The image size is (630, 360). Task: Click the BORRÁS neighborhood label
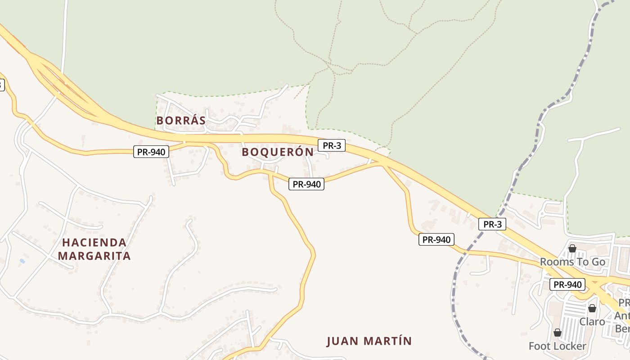pyautogui.click(x=181, y=121)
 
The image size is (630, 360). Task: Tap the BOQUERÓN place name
pyautogui.click(x=278, y=152)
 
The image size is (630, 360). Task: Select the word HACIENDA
pyautogui.click(x=94, y=243)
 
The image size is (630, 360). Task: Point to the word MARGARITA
pyautogui.click(x=94, y=256)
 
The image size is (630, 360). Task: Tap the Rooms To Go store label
pyautogui.click(x=572, y=262)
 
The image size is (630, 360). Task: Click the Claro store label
pyautogui.click(x=592, y=322)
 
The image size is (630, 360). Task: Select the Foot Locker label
pyautogui.click(x=557, y=346)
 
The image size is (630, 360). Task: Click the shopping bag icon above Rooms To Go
pyautogui.click(x=572, y=248)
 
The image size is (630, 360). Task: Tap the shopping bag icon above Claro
pyautogui.click(x=592, y=308)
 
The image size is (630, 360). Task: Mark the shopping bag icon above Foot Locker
pyautogui.click(x=558, y=333)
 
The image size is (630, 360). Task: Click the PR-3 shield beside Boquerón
pyautogui.click(x=332, y=145)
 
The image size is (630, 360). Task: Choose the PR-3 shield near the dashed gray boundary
pyautogui.click(x=492, y=224)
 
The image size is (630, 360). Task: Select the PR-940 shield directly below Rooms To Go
pyautogui.click(x=568, y=284)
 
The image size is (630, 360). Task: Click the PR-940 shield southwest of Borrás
pyautogui.click(x=151, y=152)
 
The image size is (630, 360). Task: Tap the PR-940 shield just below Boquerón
pyautogui.click(x=306, y=184)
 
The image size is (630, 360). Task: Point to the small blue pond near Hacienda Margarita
pyautogui.click(x=22, y=261)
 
